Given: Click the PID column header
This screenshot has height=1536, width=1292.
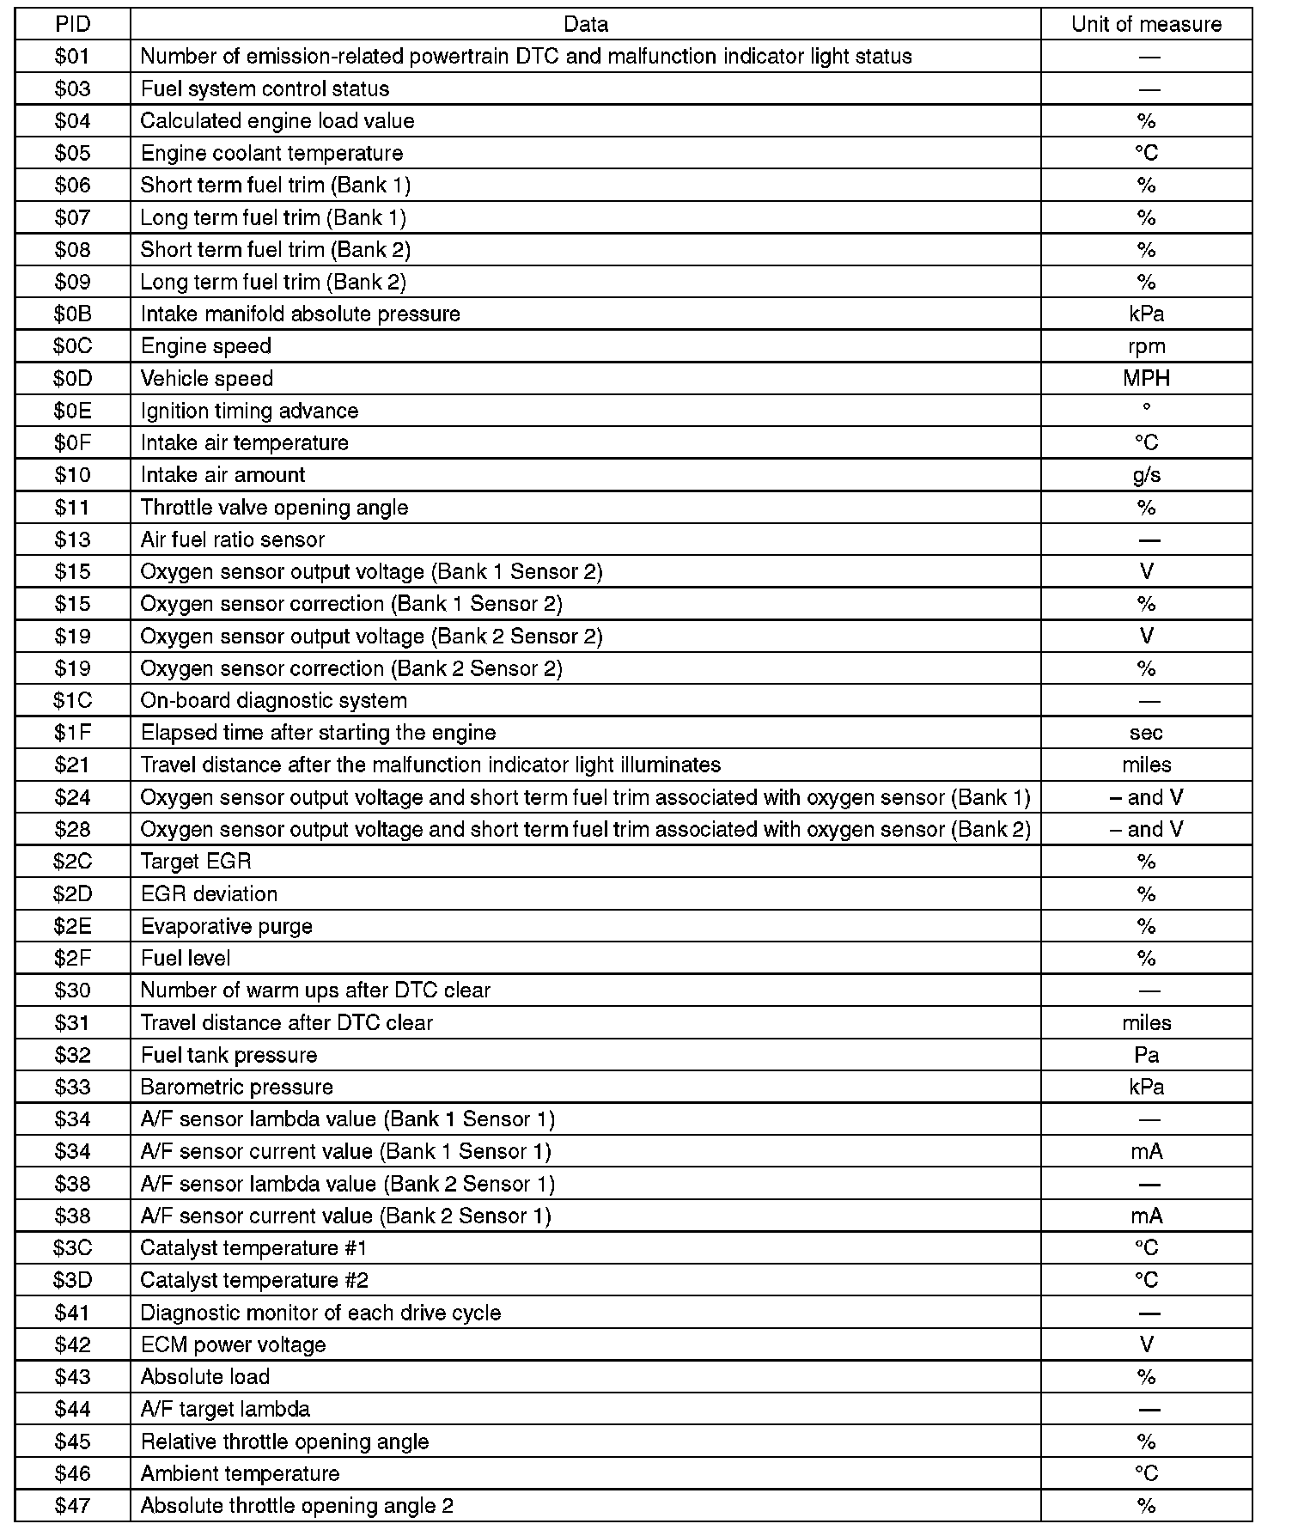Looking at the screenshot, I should (72, 24).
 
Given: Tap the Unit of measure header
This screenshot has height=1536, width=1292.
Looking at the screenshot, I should (1146, 24).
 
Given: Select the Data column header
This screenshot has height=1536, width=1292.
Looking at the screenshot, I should (586, 24).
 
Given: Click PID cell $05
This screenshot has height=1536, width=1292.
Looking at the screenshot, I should (72, 153).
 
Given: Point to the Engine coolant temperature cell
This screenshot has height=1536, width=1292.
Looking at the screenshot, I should (271, 153).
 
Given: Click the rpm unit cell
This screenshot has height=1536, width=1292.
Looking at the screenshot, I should (1146, 346).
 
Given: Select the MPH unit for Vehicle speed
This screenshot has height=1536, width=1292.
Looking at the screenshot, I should (1146, 378).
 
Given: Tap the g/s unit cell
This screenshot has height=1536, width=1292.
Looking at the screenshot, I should (1146, 475).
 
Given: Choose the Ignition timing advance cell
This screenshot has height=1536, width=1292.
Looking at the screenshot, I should (249, 411).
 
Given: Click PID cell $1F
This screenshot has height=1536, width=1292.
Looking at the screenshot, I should (72, 733).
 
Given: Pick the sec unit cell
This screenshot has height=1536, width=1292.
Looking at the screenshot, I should (1146, 733).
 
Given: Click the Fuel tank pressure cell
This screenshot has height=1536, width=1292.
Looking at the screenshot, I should (229, 1055).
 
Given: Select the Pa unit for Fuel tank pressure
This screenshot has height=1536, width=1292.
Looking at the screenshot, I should (1146, 1055).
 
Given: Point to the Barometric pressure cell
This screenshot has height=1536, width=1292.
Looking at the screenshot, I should (236, 1087).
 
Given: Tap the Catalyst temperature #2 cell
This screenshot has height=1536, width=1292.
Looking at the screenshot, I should (254, 1280).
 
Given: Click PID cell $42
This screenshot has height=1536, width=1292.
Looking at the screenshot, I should (72, 1344).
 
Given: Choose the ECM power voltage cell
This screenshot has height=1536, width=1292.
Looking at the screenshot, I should (233, 1344).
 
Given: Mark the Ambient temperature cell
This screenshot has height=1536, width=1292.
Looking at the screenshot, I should (240, 1473).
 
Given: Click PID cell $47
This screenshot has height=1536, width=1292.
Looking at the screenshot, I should (72, 1505).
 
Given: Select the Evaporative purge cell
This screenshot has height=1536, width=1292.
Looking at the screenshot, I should (226, 926).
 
